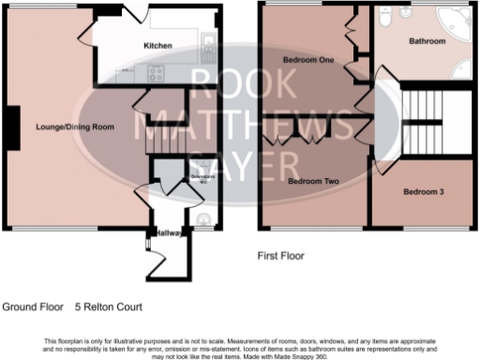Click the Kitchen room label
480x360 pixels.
(157, 45)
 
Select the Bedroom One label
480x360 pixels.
(308, 60)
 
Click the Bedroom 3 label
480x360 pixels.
(422, 192)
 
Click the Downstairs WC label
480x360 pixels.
(197, 177)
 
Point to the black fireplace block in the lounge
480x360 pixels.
(11, 127)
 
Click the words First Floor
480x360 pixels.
(281, 255)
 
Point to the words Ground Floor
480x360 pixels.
(33, 307)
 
